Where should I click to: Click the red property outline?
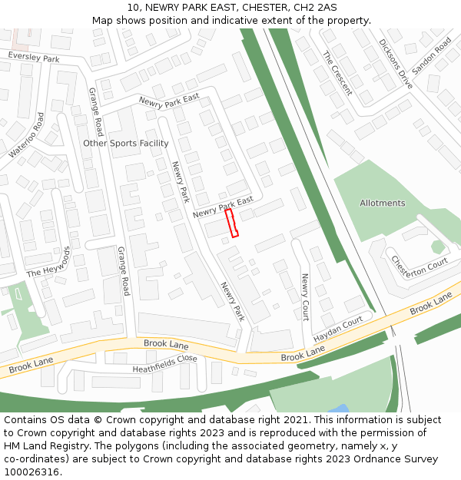click(x=231, y=223)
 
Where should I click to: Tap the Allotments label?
click(x=382, y=203)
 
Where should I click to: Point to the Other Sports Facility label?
click(x=126, y=144)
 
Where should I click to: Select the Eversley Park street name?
click(x=34, y=58)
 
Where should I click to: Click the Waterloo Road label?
click(x=27, y=135)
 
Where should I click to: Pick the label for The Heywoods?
click(x=48, y=263)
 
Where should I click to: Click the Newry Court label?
click(x=304, y=297)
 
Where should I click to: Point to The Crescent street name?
click(x=337, y=73)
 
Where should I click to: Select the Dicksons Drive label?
click(x=396, y=64)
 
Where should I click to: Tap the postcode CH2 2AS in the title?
click(x=318, y=7)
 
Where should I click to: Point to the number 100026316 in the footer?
click(x=32, y=472)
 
